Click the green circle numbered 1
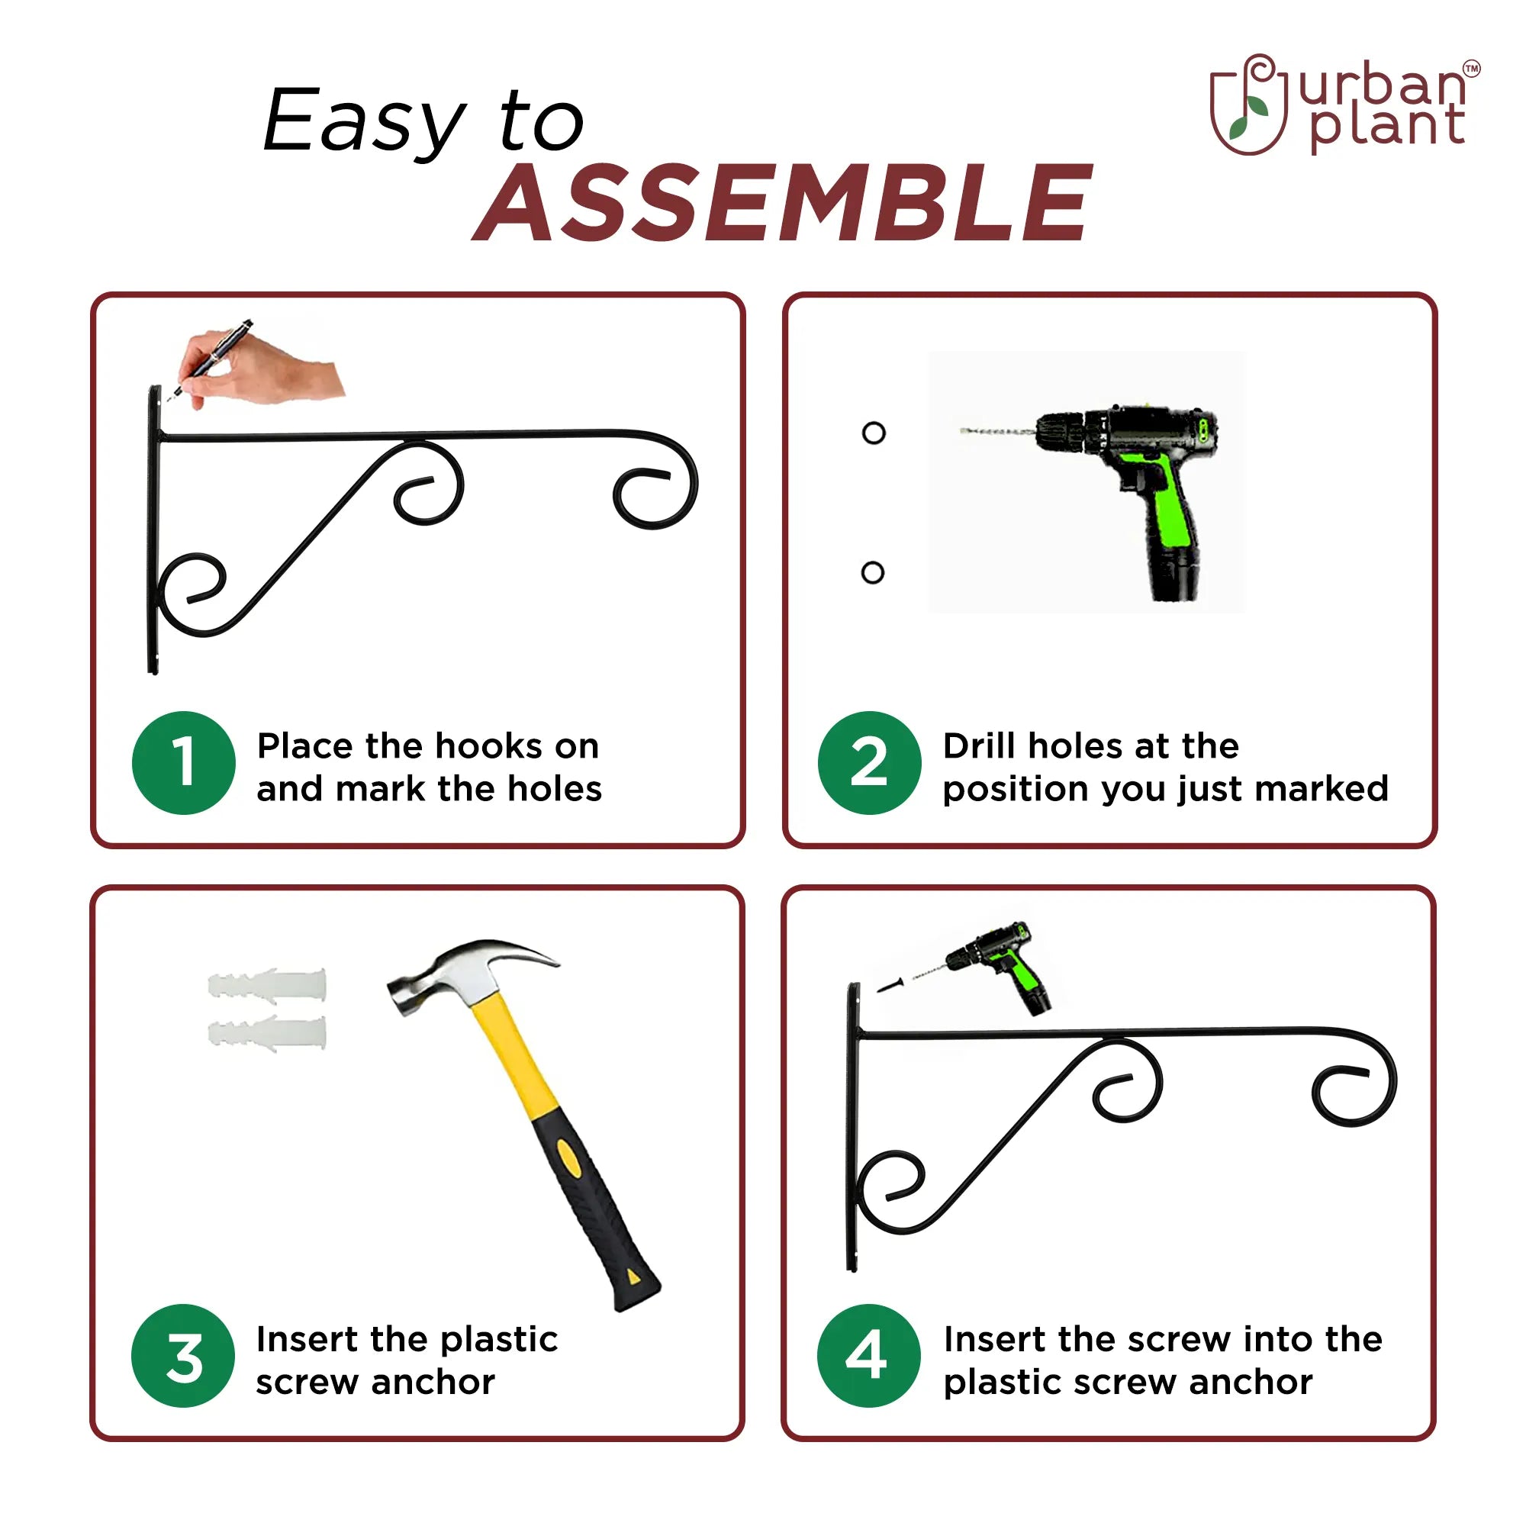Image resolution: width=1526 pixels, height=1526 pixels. click(x=183, y=763)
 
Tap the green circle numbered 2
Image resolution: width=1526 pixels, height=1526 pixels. click(x=870, y=763)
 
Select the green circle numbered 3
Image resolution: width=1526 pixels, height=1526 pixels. click(x=183, y=1355)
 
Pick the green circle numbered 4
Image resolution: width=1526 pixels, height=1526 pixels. click(x=869, y=1355)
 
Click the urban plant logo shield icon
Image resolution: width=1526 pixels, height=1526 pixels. click(x=1251, y=105)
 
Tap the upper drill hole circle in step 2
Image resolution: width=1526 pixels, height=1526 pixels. click(x=874, y=433)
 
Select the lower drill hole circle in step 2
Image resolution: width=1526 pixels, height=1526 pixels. click(x=873, y=573)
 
